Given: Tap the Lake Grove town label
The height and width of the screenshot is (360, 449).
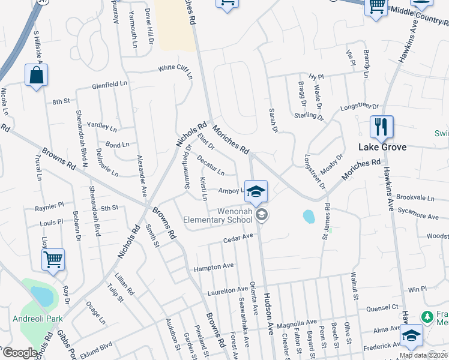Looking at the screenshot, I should point(382,147).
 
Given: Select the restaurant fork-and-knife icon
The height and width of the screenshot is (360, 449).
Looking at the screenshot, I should point(381,127).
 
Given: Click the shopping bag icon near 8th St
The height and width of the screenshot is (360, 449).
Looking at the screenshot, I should point(36,76).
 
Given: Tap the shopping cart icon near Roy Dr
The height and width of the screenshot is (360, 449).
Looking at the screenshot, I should point(53,260).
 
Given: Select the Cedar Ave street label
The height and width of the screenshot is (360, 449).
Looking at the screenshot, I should point(238,238).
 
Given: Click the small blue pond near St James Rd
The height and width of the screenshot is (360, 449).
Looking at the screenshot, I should point(309,215).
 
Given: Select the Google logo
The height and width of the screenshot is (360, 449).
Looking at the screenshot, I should point(20,353).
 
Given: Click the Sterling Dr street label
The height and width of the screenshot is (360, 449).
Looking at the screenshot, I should point(309,115).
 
